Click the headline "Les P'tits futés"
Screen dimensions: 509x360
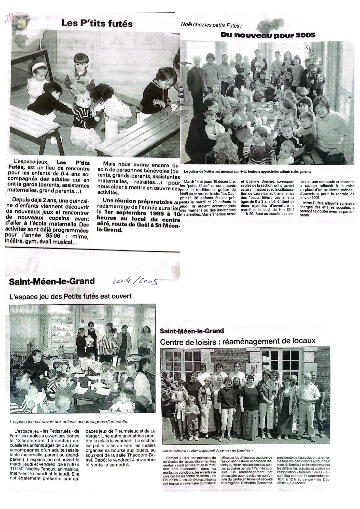point(97,24)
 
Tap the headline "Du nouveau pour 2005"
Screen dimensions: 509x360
point(268,35)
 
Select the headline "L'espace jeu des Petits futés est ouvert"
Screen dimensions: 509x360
point(71,296)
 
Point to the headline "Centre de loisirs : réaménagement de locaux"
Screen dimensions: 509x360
point(238,341)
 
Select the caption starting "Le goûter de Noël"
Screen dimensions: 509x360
point(247,172)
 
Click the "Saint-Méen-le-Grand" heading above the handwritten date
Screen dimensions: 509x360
point(52,281)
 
